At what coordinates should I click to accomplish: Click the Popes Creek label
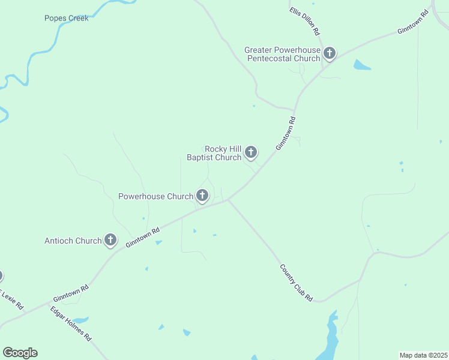(x=67, y=18)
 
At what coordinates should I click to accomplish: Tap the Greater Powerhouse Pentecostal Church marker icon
(x=329, y=53)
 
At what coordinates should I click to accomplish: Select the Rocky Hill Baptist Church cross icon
(x=250, y=152)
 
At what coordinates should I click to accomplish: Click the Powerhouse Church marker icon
(x=202, y=195)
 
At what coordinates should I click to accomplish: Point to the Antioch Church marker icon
(x=110, y=240)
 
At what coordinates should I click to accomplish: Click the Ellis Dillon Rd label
(x=304, y=21)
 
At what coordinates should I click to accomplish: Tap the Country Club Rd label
(x=297, y=283)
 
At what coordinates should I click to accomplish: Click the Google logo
(x=20, y=353)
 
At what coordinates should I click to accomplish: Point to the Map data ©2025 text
(x=424, y=355)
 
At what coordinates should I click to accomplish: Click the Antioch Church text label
(x=73, y=241)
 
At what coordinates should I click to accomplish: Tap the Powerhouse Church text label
(x=155, y=196)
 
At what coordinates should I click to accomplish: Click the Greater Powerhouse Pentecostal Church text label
(x=282, y=54)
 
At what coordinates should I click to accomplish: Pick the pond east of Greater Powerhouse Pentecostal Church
(x=361, y=65)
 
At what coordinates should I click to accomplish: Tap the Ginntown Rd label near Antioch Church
(x=143, y=238)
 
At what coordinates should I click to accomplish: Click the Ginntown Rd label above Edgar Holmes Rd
(x=71, y=293)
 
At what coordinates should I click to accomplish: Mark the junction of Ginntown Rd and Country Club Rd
(x=228, y=200)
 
